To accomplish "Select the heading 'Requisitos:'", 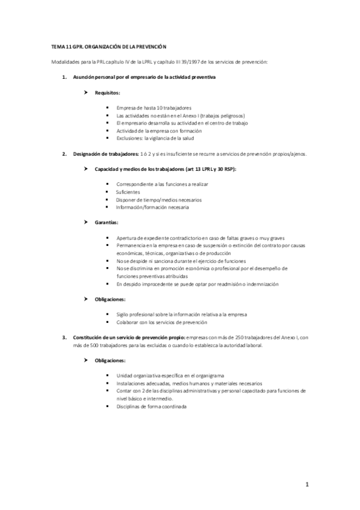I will click(x=107, y=93).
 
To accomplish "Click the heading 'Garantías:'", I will click(x=106, y=223).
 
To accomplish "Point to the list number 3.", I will click(x=64, y=337).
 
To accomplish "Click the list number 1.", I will click(x=64, y=78).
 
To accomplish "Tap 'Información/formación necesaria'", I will click(x=152, y=207).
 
